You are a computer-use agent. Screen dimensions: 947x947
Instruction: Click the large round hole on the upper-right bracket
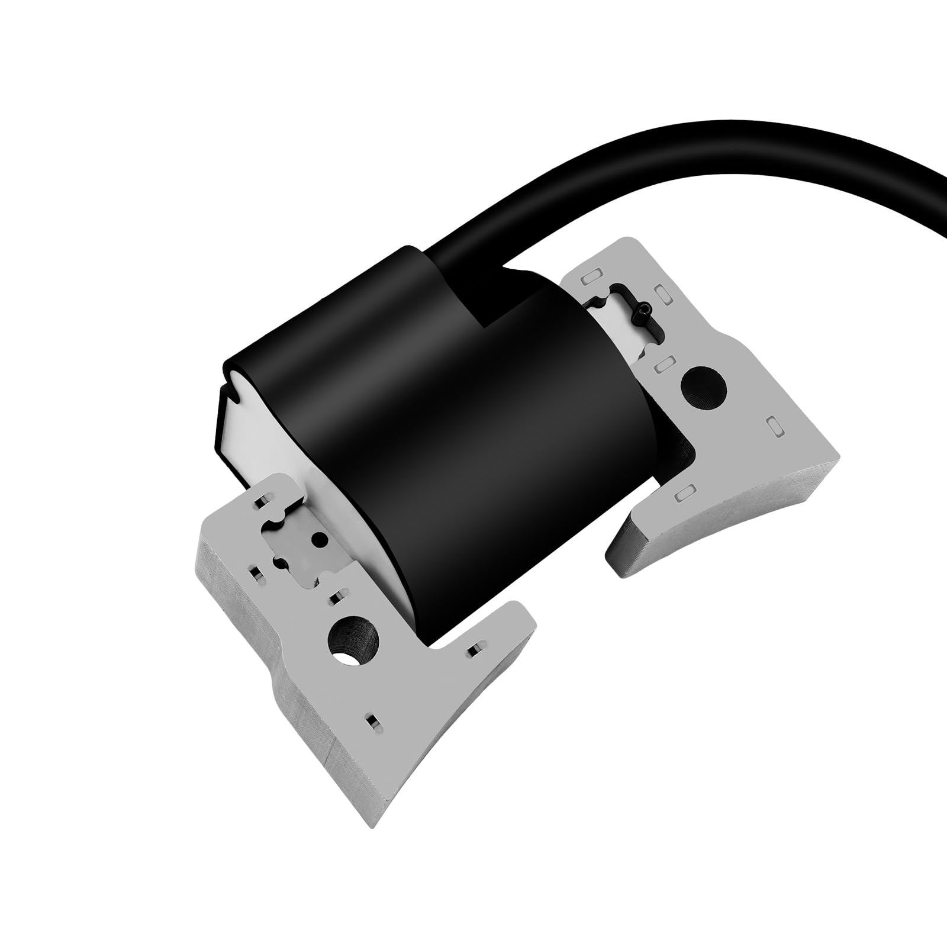click(x=704, y=388)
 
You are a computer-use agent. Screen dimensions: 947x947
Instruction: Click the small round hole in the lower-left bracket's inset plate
click(x=320, y=539)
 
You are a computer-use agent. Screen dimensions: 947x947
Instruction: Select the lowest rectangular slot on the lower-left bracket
click(x=373, y=721)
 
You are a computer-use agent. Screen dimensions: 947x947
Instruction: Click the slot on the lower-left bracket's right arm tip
click(x=473, y=652)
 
